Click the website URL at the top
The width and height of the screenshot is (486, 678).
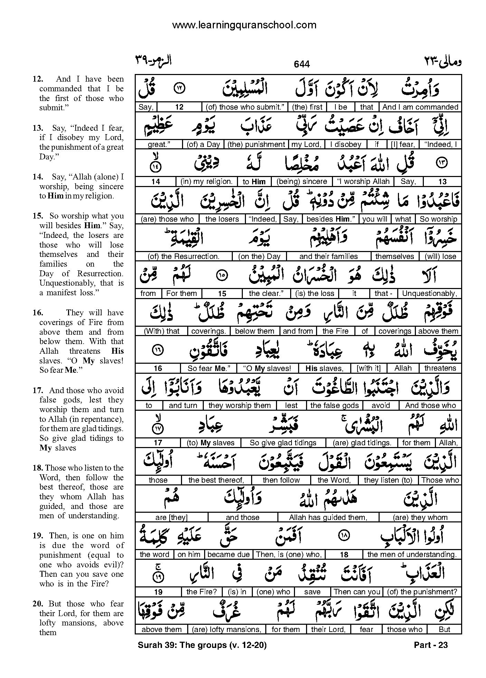tap(244, 25)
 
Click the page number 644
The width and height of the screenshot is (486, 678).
tap(302, 64)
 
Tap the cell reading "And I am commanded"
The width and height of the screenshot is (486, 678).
tap(420, 107)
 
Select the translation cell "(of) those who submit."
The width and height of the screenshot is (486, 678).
tap(245, 107)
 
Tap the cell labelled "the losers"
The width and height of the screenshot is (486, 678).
tap(222, 219)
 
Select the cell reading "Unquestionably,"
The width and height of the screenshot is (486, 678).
tap(429, 294)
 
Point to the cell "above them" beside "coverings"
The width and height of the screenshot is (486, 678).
tap(438, 331)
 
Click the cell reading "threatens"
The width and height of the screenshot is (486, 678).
tap(440, 368)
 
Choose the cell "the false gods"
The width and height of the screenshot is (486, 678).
tap(334, 406)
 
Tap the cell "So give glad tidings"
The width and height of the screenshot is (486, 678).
tap(283, 443)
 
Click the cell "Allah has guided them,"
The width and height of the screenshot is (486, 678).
tap(328, 518)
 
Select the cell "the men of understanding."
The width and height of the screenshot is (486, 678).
tap(412, 555)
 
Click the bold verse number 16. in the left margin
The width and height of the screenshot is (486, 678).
tap(38, 313)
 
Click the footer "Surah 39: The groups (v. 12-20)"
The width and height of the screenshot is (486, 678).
tap(202, 645)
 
